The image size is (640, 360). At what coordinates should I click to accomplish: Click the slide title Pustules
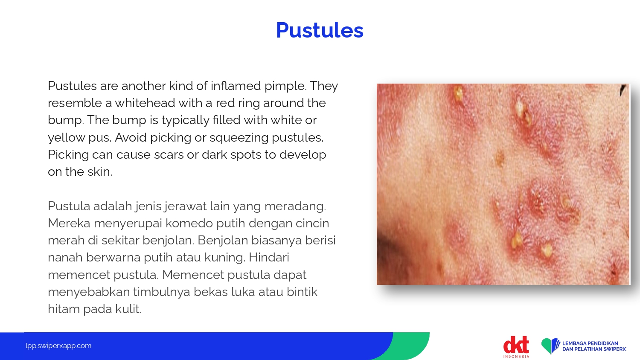click(320, 30)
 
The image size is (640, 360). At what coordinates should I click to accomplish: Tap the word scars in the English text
click(169, 154)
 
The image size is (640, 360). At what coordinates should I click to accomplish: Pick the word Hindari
click(269, 258)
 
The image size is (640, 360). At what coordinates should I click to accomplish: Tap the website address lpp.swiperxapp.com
click(58, 346)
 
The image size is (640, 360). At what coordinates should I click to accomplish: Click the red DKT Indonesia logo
click(516, 347)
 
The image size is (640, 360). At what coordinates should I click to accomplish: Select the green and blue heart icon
click(550, 346)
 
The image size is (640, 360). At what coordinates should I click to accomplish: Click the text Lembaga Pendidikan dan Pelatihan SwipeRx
click(594, 346)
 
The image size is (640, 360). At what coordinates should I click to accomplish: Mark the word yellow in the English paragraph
click(67, 138)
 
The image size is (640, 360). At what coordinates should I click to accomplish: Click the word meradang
click(295, 206)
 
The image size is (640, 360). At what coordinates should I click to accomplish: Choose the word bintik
click(302, 292)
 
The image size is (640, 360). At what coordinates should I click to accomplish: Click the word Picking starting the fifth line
click(68, 155)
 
